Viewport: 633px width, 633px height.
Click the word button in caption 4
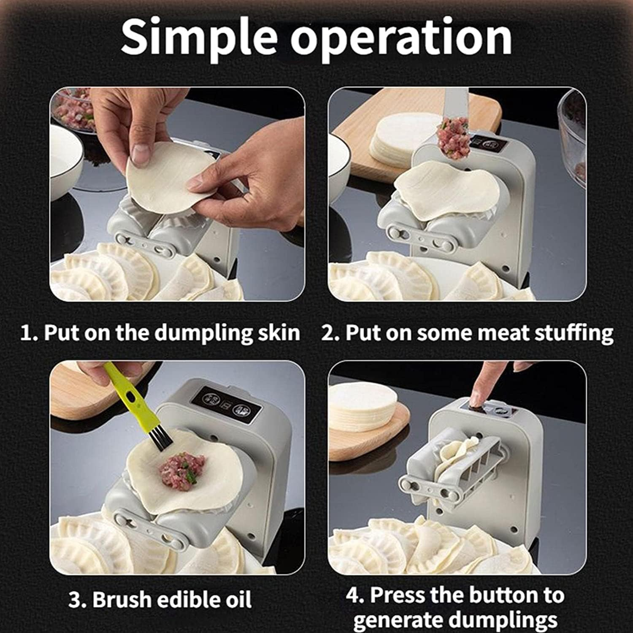(x=504, y=595)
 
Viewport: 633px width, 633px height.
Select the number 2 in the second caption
(x=327, y=333)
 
